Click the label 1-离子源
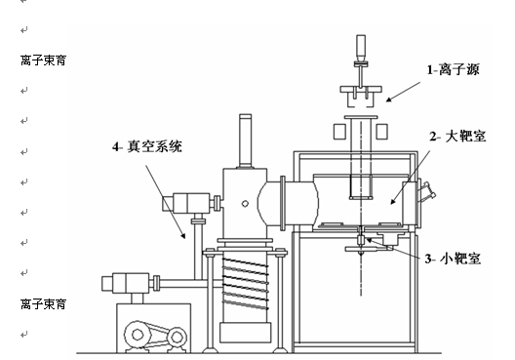453,70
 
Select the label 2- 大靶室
457,137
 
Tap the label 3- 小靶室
453,259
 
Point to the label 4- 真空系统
147,146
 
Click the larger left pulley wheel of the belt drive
138,335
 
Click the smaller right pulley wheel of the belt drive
177,337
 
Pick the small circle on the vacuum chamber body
245,204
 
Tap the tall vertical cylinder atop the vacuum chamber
246,141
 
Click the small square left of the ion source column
339,132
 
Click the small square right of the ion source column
381,132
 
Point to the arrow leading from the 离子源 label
403,92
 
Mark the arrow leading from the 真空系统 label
166,202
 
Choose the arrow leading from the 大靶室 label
411,178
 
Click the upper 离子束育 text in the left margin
43,60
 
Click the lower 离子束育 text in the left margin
43,304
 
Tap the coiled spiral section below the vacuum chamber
245,284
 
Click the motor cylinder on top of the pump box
126,283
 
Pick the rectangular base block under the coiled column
246,333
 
